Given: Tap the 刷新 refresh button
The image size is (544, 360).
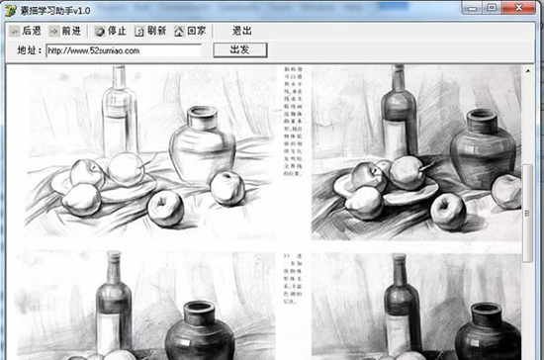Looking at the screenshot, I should tap(150, 31).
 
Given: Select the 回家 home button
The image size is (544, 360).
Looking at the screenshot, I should tap(191, 31).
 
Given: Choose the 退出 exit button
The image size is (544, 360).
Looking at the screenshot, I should tap(242, 31).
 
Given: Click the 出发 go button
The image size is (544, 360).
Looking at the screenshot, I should tap(239, 49).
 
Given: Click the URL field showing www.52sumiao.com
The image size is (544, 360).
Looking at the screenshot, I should tap(124, 49).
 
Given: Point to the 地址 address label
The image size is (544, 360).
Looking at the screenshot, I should tap(30, 49).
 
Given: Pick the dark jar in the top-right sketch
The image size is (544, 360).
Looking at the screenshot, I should tap(482, 148).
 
